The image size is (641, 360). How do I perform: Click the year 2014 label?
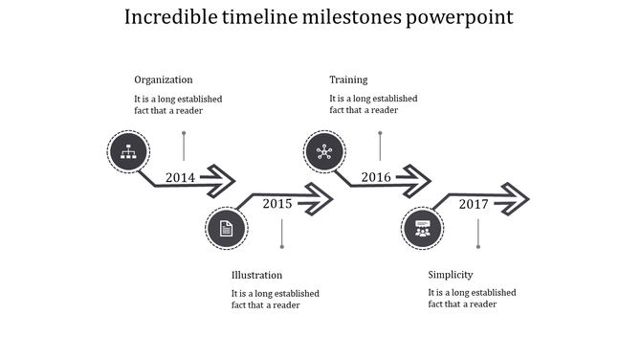point(180,177)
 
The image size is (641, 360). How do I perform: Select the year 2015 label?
point(277,203)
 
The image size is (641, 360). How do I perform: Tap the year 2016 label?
point(376,177)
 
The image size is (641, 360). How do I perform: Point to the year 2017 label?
point(474,203)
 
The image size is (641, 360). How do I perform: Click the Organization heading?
point(164,79)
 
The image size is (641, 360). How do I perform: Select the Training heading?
point(348,79)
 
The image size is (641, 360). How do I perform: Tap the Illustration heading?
point(256,275)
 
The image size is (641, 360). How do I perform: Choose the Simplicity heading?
point(451,275)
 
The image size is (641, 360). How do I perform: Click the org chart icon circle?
point(128,151)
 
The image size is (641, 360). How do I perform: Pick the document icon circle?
point(227,228)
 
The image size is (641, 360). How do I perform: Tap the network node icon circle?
point(324,151)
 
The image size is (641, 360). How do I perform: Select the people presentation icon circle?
point(423,228)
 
